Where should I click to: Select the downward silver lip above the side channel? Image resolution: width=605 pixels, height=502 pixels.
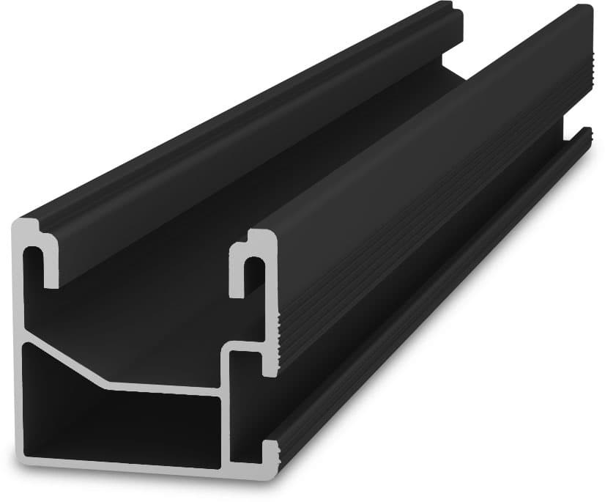271,363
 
